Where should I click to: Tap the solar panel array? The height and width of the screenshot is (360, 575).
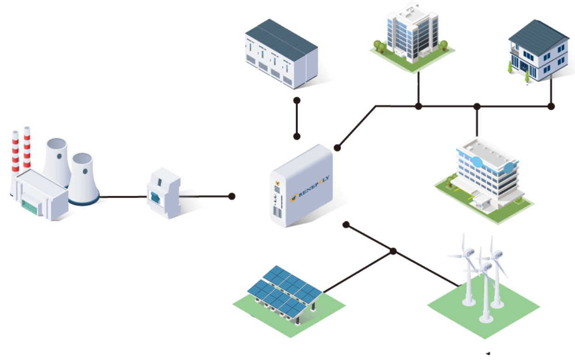click(x=282, y=287)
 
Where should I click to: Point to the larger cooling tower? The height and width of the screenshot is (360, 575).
click(x=57, y=161)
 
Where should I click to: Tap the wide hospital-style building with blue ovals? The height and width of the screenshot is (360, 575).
click(x=487, y=177)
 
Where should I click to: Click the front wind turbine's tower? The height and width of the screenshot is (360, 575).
click(x=485, y=294)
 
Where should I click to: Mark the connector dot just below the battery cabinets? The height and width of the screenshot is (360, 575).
click(x=297, y=100)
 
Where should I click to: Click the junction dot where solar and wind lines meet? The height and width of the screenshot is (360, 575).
click(x=393, y=251)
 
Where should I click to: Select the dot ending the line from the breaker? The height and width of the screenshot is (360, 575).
click(x=232, y=196)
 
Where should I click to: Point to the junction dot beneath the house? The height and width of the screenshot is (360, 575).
click(x=551, y=106)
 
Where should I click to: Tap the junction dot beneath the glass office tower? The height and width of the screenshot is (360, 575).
click(x=418, y=106)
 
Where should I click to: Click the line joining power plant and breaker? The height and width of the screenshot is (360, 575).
click(x=122, y=198)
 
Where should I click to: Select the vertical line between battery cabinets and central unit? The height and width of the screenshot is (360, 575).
click(x=297, y=118)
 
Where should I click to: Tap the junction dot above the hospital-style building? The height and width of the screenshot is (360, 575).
click(x=477, y=106)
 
